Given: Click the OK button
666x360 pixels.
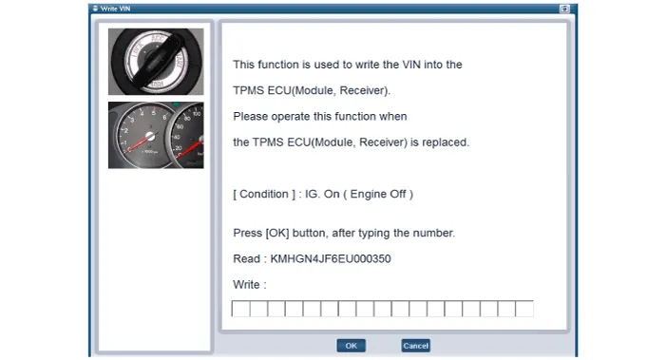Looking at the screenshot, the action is (351, 346).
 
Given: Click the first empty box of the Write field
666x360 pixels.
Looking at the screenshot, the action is (240, 309).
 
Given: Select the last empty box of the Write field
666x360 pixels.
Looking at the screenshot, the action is (524, 309).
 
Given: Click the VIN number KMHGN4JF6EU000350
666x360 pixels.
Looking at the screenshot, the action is (331, 259).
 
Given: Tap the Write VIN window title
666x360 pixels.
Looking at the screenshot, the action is (116, 9).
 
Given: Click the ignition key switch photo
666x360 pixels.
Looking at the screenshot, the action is (156, 62).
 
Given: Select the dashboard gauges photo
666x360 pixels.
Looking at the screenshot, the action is (156, 135).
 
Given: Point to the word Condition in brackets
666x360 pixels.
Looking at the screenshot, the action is (264, 194).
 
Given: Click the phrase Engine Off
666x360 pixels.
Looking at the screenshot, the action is (378, 194).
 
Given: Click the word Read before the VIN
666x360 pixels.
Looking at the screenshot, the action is (246, 259).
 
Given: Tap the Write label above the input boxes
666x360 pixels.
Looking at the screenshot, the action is (246, 284).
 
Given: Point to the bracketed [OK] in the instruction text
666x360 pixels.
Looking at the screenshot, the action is (276, 233).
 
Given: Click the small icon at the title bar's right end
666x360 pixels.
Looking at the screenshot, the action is (564, 9).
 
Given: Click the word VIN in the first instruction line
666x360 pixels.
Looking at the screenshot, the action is (411, 65).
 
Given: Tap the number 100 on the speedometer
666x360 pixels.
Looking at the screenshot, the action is (197, 114).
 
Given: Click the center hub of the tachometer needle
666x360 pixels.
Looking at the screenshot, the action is (150, 136).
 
